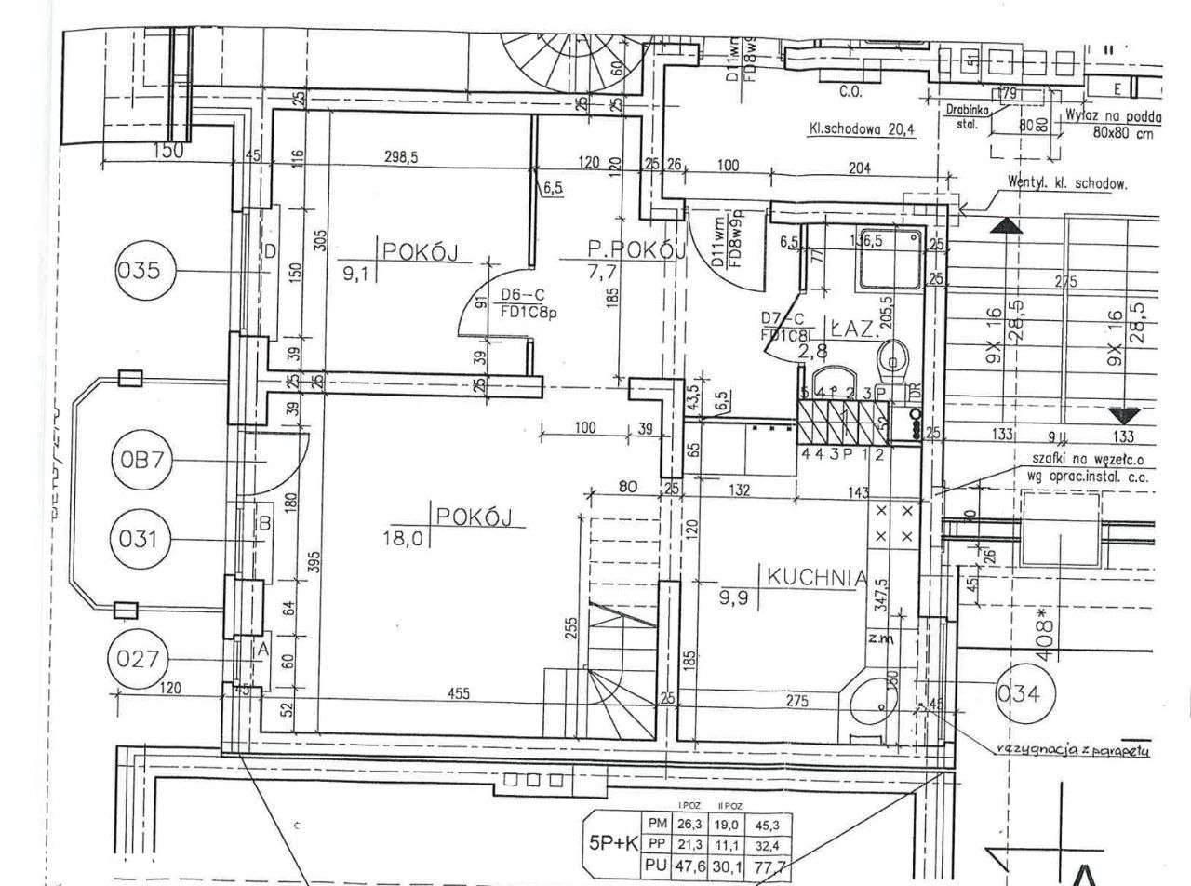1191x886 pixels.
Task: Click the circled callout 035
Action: [142, 272]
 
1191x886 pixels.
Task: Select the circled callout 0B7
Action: [141, 461]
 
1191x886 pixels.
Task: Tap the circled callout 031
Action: [141, 539]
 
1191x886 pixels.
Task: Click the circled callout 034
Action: [1023, 692]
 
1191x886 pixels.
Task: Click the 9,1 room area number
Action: [355, 275]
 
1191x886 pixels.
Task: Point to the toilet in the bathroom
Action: [895, 356]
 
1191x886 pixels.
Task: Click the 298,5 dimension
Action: [401, 158]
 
